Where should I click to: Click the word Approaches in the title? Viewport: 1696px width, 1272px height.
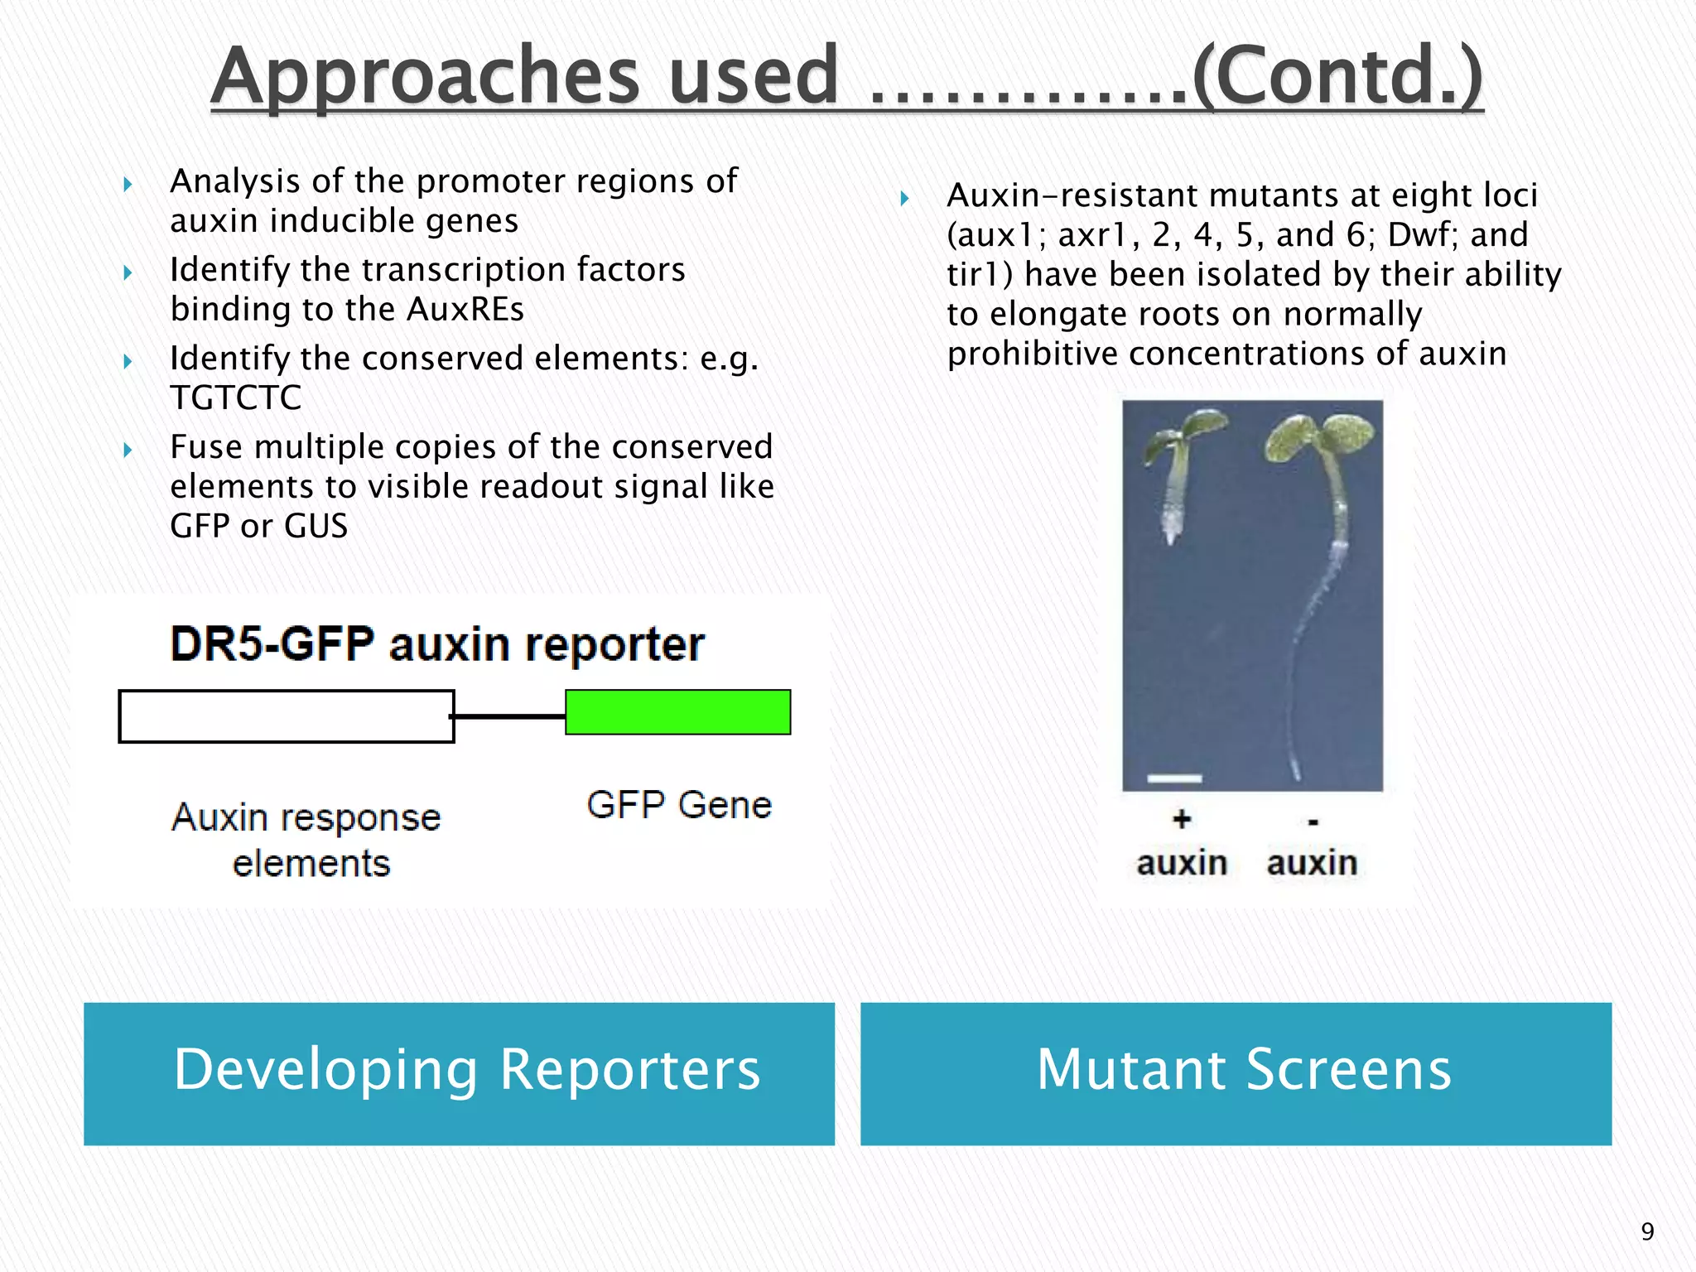pos(425,76)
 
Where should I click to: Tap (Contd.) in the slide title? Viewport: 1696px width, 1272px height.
pos(1337,76)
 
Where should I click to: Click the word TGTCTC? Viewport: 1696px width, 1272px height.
pos(236,397)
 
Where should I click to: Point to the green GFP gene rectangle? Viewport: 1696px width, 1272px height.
pos(677,712)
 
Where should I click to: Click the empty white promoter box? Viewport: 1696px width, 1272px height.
pos(286,716)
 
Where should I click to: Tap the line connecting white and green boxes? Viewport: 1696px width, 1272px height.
pos(509,716)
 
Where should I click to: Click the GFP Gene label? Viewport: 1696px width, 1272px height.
pos(679,805)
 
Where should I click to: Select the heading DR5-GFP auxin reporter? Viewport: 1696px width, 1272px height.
pos(437,644)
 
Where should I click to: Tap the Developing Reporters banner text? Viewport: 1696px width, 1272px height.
pos(466,1070)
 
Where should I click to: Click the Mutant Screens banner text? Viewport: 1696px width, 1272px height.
pos(1244,1070)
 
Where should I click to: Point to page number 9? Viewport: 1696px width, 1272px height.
pos(1647,1231)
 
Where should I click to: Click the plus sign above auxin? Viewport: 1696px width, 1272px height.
pos(1182,820)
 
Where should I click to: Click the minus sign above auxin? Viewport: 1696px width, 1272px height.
pos(1313,822)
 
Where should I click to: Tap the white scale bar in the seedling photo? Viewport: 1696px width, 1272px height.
pos(1174,778)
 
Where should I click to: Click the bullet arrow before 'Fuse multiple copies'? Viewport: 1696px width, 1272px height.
pos(128,450)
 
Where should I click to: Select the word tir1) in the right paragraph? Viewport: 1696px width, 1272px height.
pos(980,275)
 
